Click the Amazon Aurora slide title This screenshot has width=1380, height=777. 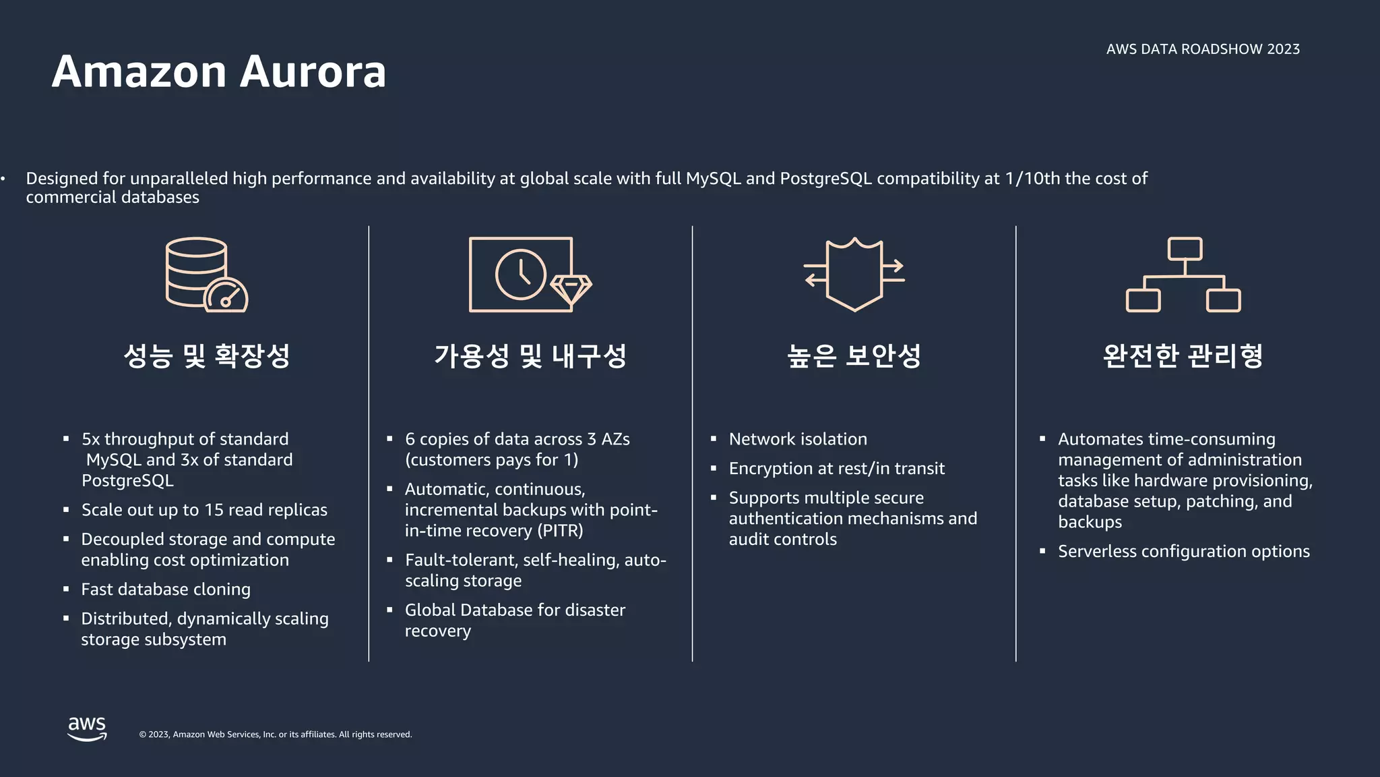219,71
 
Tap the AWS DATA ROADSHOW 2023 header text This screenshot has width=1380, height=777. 1203,49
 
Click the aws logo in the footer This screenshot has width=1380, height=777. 87,728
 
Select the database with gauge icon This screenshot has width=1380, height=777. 206,275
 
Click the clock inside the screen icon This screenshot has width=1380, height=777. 520,275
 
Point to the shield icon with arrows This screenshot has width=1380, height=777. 854,274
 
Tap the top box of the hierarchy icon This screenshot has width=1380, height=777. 1185,248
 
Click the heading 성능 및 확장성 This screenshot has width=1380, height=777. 207,355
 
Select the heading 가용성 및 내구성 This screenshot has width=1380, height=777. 530,355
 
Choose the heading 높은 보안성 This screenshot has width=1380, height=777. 854,355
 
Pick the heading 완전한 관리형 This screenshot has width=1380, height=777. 1183,355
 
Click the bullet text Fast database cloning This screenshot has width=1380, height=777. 166,589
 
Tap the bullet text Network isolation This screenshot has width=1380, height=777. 798,439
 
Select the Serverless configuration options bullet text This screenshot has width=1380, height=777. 1183,552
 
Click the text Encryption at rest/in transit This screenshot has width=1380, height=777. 836,469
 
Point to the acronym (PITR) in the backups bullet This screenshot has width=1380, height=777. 560,531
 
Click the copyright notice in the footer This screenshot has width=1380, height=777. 275,735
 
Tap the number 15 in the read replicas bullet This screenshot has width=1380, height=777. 214,510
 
